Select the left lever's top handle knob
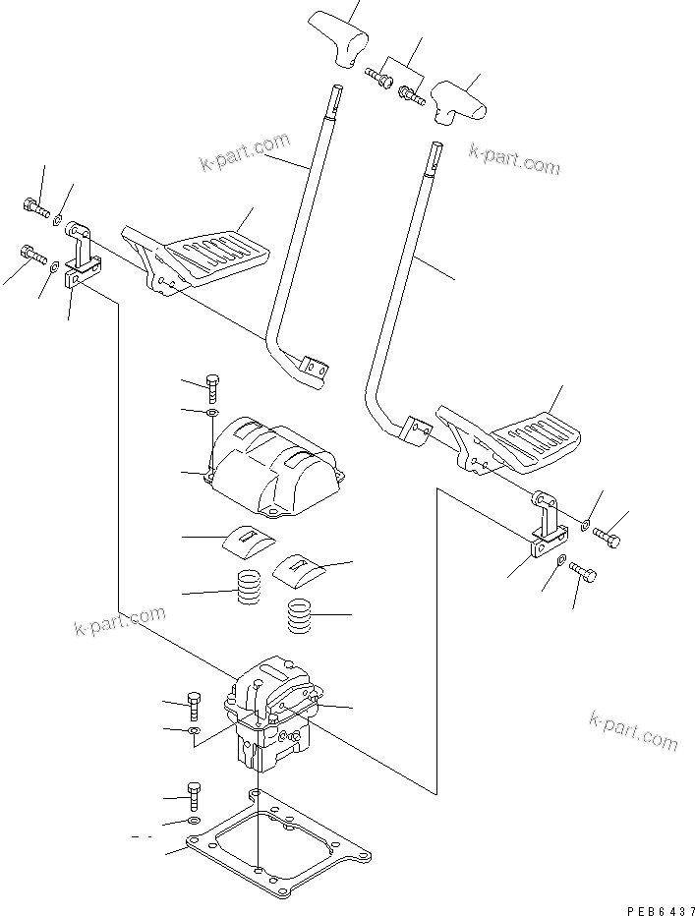336,38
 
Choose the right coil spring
300,618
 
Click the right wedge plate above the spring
299,567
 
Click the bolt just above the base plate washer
195,791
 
